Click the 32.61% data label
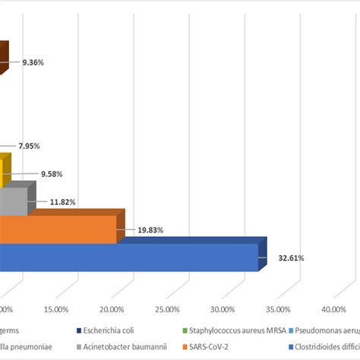291,257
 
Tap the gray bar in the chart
13,201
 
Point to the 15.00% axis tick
57,309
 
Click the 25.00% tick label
167,309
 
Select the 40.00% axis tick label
333,309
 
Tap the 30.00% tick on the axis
223,309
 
